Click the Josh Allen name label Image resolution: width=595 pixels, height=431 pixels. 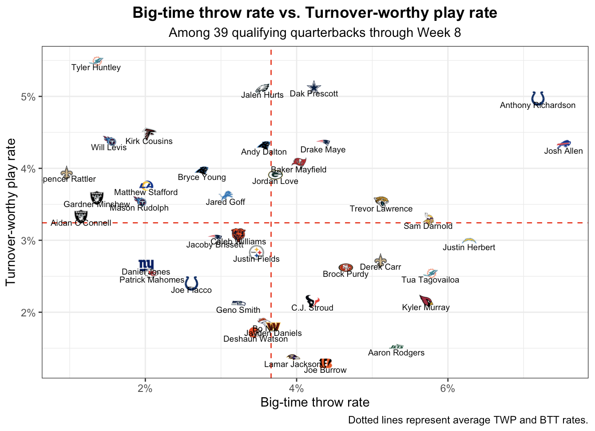pyautogui.click(x=563, y=151)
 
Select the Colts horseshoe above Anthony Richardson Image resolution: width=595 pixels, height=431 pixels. pyautogui.click(x=538, y=98)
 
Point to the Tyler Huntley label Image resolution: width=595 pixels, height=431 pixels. pyautogui.click(x=96, y=68)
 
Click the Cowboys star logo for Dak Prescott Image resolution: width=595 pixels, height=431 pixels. pyautogui.click(x=314, y=87)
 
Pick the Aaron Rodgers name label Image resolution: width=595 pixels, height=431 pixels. pyautogui.click(x=396, y=353)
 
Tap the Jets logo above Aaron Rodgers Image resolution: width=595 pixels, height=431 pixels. pyautogui.click(x=397, y=347)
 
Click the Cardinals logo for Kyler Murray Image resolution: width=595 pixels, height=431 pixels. pyautogui.click(x=426, y=300)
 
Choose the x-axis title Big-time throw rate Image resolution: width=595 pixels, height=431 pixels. pyautogui.click(x=315, y=403)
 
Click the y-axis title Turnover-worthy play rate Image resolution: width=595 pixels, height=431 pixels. pyautogui.click(x=11, y=212)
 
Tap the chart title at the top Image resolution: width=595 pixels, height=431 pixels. pyautogui.click(x=315, y=13)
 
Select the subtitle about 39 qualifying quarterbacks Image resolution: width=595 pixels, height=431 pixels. pyautogui.click(x=315, y=33)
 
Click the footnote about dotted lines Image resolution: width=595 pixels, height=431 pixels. pyautogui.click(x=468, y=420)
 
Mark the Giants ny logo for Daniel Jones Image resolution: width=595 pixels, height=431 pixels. pyautogui.click(x=146, y=265)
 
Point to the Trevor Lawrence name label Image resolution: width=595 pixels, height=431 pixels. pyautogui.click(x=381, y=209)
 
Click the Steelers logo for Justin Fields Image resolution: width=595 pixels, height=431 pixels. pyautogui.click(x=256, y=252)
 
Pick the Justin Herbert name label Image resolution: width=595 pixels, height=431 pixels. pyautogui.click(x=469, y=247)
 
